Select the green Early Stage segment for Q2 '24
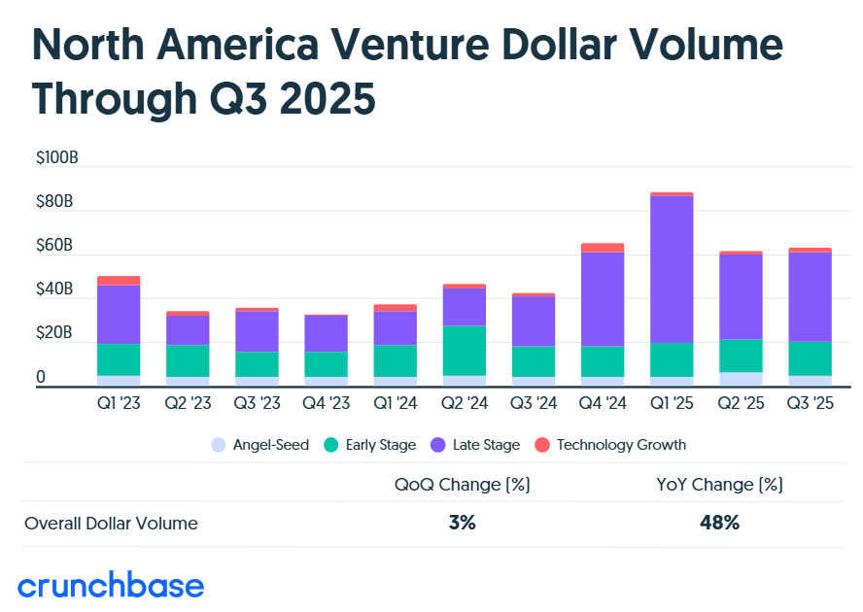[x=464, y=351]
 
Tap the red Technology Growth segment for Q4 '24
[x=603, y=248]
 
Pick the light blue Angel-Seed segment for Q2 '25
[x=741, y=379]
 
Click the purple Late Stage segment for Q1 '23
[x=119, y=314]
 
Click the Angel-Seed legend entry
[x=259, y=445]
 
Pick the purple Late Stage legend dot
[x=434, y=445]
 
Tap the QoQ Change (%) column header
[x=462, y=484]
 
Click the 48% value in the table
[x=719, y=523]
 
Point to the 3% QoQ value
[x=462, y=523]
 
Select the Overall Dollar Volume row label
[x=111, y=524]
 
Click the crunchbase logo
[x=112, y=586]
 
